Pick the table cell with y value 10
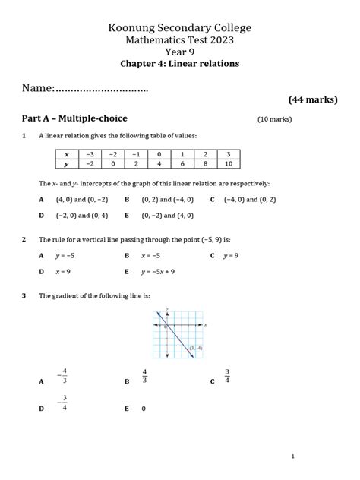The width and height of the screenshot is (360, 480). [x=227, y=164]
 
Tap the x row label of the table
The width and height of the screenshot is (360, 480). [x=67, y=153]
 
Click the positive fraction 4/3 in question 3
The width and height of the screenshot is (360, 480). [x=144, y=376]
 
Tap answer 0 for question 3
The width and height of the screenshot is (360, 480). [x=144, y=409]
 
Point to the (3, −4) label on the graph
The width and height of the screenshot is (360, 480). [x=196, y=349]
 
